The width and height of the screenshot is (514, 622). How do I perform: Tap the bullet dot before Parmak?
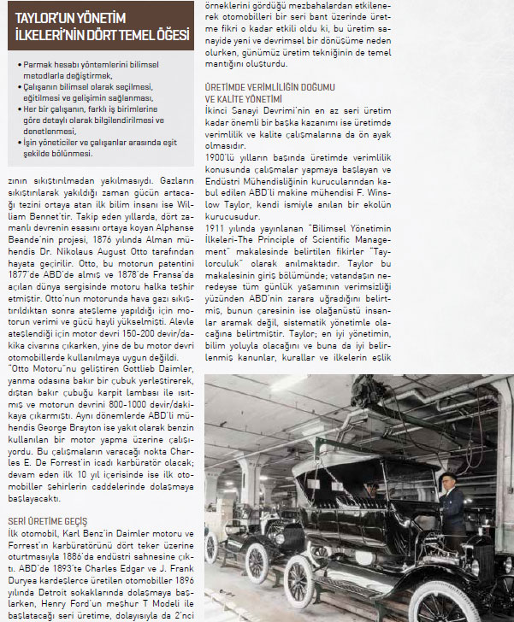point(19,65)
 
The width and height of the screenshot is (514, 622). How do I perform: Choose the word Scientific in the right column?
point(357,243)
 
